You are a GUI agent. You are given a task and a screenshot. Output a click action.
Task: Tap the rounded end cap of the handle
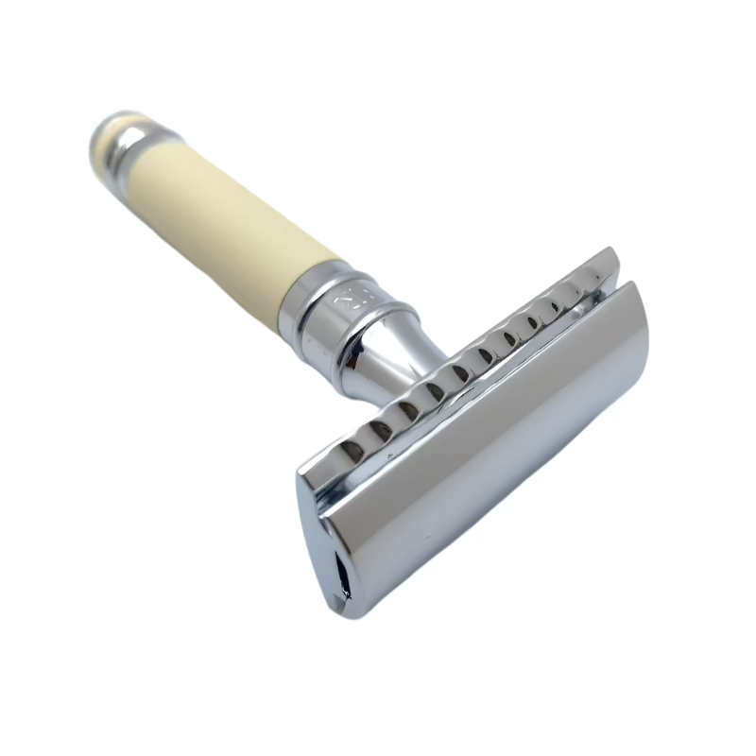tap(106, 132)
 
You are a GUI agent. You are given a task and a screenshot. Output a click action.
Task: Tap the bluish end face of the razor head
tap(326, 539)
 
